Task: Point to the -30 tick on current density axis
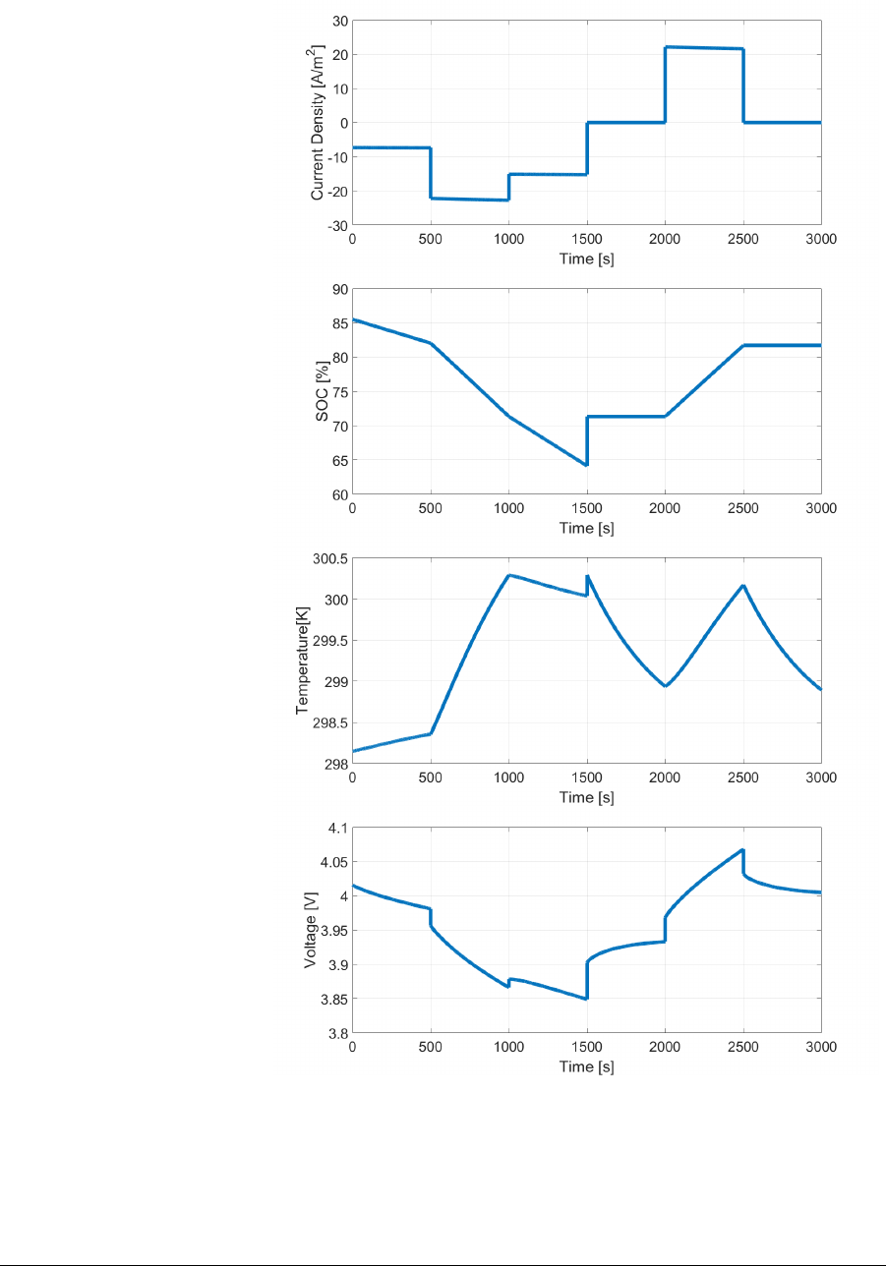pos(336,225)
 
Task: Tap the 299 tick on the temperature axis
pos(335,681)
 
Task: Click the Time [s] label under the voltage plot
pos(586,1066)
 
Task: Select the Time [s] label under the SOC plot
pos(586,528)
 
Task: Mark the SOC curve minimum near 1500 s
pos(585,465)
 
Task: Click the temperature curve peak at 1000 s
pos(508,575)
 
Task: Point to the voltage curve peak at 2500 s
pos(742,849)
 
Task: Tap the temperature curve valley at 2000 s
pos(666,686)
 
